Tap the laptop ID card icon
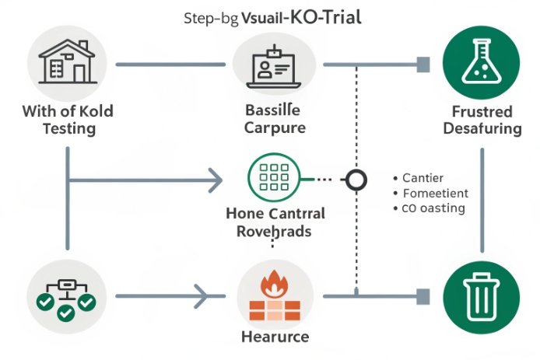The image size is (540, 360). [x=274, y=64]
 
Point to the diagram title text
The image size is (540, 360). [x=269, y=18]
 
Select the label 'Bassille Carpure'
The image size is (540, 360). [x=273, y=119]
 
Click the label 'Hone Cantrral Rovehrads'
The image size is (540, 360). [x=274, y=222]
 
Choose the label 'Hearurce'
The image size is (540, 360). [x=273, y=337]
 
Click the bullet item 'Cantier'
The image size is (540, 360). [x=423, y=178]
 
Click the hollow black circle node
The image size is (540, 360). [x=356, y=180]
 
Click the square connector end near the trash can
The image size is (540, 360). [x=423, y=295]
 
